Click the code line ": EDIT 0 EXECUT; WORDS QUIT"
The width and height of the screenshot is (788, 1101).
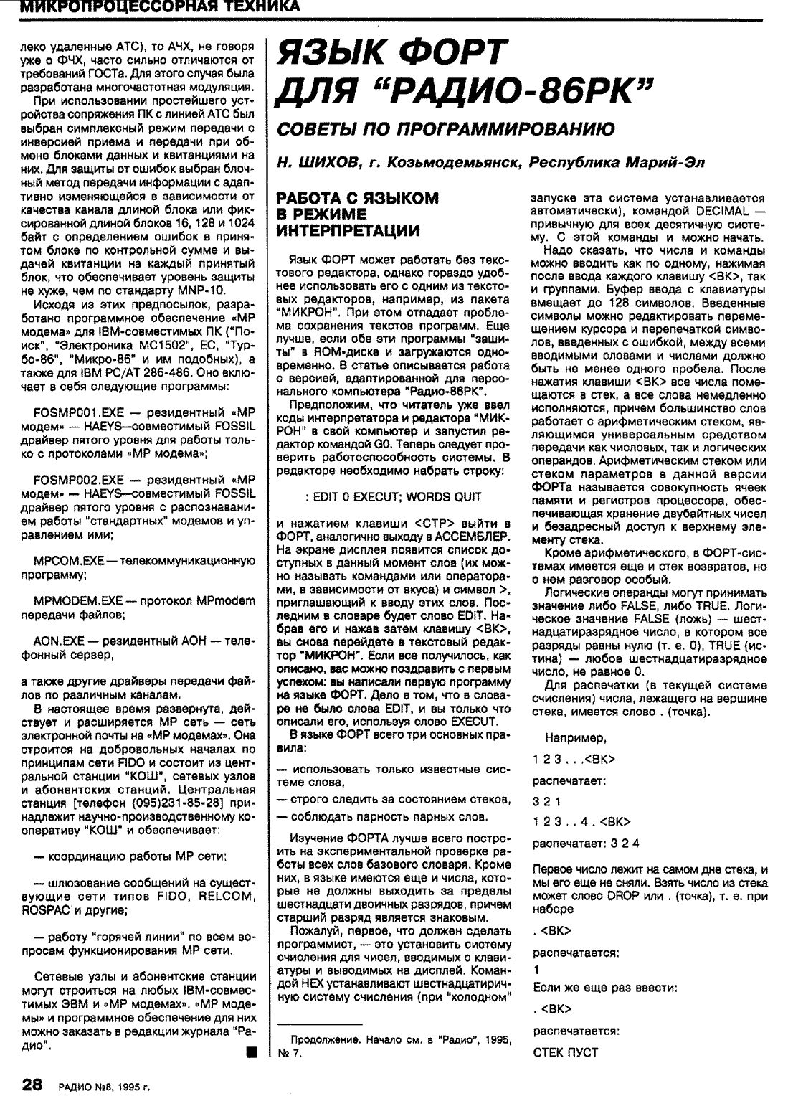[x=393, y=496]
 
